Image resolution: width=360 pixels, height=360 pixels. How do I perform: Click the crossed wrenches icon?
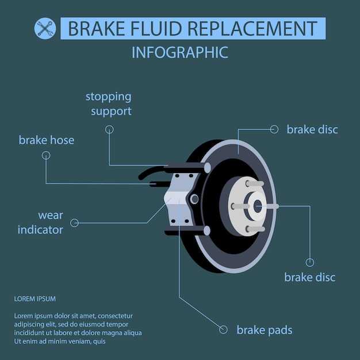click(45, 29)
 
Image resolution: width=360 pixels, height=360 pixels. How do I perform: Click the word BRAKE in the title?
click(97, 29)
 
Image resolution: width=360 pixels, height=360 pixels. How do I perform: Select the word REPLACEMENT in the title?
click(252, 29)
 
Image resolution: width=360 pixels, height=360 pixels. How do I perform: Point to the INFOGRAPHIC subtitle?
click(180, 52)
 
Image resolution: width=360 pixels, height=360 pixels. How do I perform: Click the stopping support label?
click(109, 104)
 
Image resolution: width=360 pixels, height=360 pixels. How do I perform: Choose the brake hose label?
click(47, 140)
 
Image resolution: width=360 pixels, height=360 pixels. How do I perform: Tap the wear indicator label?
click(40, 223)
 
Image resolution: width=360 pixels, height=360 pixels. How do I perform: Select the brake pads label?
click(265, 330)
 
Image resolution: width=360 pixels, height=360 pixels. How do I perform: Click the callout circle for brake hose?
click(46, 155)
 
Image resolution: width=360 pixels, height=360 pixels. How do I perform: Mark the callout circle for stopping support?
click(109, 129)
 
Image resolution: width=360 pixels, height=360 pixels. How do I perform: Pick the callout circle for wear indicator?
click(74, 223)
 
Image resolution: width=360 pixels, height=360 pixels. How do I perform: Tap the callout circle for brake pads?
click(223, 330)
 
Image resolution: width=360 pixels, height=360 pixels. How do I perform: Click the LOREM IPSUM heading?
click(35, 299)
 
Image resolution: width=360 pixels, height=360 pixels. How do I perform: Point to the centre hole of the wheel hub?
click(258, 206)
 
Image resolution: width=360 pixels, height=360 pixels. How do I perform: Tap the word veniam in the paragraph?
click(82, 342)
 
